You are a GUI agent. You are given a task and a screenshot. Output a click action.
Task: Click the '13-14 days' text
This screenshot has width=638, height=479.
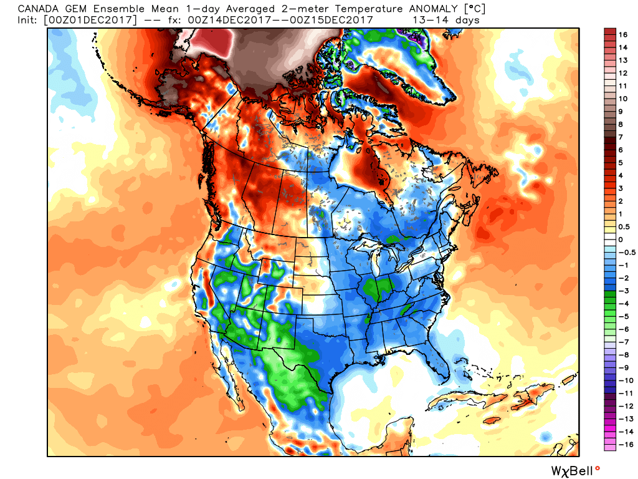pos(446,20)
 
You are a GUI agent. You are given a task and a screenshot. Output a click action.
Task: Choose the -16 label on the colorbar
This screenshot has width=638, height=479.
pos(624,444)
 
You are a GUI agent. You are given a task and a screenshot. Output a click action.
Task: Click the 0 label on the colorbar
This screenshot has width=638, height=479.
pos(621,239)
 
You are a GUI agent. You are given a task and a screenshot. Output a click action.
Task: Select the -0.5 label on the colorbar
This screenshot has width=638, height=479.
pos(626,252)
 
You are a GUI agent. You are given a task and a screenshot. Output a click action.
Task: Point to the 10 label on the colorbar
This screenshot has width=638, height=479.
pos(623,99)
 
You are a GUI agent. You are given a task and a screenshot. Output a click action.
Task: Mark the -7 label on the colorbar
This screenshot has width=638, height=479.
pos(623,341)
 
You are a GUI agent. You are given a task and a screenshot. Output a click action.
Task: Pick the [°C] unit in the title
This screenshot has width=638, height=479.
pos(473,9)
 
